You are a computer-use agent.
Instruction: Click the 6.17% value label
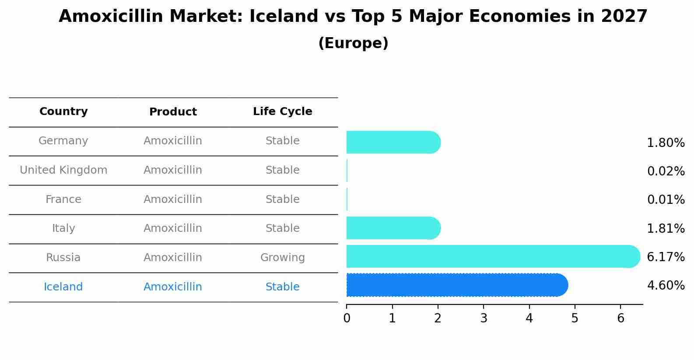666,257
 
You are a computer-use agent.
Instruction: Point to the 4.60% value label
666,286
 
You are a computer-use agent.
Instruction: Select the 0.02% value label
666,171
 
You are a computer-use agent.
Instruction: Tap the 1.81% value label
666,228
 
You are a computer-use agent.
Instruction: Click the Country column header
63,112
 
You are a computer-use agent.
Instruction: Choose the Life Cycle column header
282,112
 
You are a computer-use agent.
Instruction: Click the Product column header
173,112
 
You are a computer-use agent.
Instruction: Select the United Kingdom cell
63,170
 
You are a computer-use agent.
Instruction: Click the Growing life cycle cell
282,258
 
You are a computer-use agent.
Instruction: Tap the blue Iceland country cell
63,287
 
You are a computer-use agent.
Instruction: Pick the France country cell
63,199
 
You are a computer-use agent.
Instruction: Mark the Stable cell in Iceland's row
282,287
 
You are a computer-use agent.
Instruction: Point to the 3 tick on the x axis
484,318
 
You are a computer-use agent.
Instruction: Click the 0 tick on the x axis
347,318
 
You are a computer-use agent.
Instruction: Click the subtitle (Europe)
353,43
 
